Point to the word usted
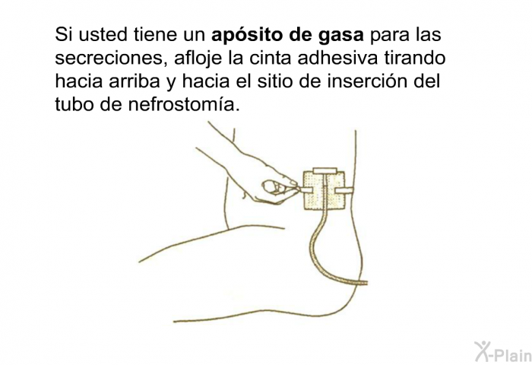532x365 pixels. click(104, 36)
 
